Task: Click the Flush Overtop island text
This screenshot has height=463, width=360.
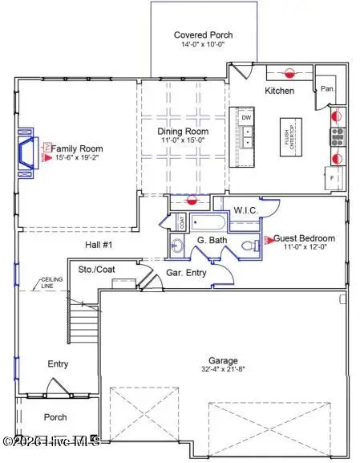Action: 288,142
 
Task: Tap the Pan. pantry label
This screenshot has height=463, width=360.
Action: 328,90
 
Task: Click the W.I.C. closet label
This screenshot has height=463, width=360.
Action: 245,210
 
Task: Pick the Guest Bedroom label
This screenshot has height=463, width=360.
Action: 305,238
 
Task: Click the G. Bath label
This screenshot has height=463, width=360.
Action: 209,241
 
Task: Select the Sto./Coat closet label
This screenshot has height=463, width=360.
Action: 97,270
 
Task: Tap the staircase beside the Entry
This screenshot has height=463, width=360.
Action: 82,328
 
